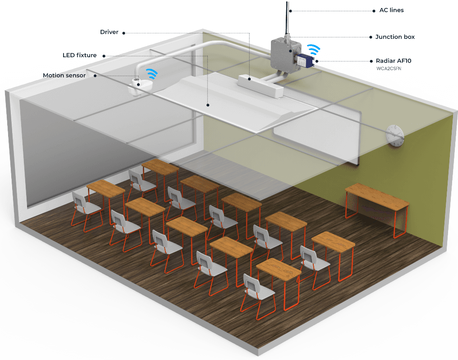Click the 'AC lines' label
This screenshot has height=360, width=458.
(x=391, y=10)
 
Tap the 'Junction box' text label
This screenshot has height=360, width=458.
(x=395, y=37)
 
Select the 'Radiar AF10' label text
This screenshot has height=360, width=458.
(x=394, y=61)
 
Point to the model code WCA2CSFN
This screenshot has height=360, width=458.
(x=389, y=69)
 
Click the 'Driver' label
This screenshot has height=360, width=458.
(x=109, y=32)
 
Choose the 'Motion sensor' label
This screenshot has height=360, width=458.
(x=64, y=75)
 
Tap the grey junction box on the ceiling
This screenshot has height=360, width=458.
(x=283, y=53)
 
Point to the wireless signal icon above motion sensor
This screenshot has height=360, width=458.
(x=151, y=73)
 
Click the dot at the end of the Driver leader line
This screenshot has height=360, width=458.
(x=124, y=32)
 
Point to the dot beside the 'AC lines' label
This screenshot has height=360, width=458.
(x=374, y=10)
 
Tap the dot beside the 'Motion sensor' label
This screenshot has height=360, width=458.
(x=96, y=75)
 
